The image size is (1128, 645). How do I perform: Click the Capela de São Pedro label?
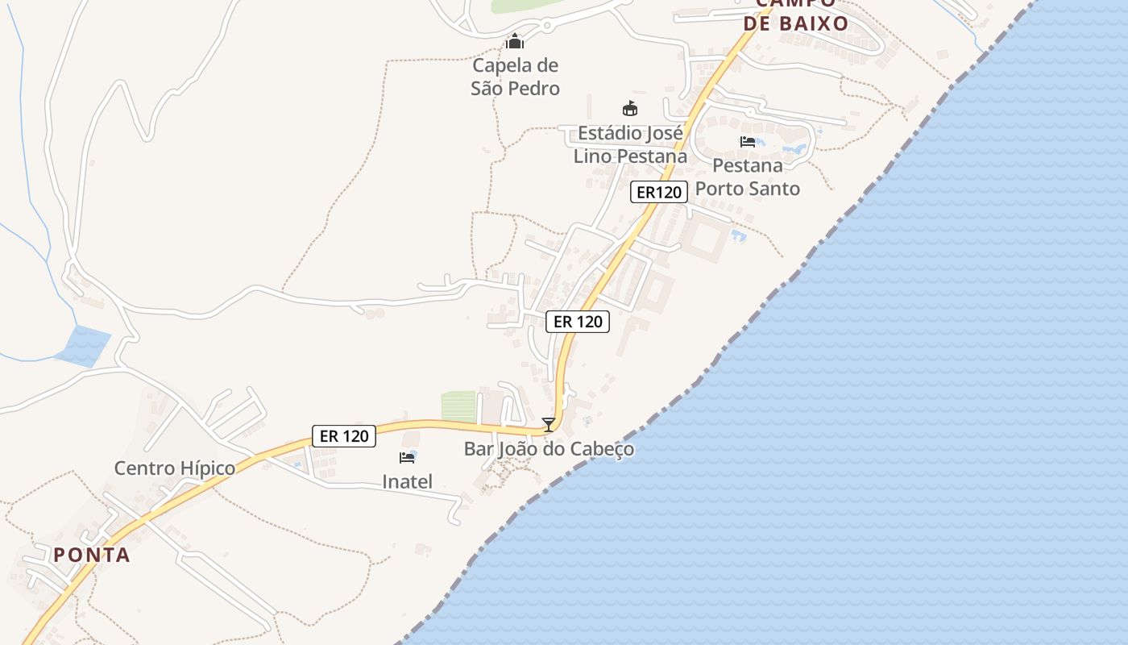click(516, 77)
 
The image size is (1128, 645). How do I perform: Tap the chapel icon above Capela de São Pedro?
click(515, 41)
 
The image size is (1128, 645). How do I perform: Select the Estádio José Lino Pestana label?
click(631, 144)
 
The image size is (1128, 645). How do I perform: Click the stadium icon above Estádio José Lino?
click(630, 108)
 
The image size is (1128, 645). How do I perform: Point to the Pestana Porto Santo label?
click(748, 177)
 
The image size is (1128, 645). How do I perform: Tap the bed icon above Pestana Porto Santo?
click(748, 142)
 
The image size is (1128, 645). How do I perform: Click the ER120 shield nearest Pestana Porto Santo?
click(659, 192)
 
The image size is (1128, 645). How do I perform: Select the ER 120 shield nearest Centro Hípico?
click(344, 436)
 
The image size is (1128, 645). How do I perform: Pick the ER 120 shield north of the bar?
click(578, 321)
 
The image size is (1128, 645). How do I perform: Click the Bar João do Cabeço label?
click(549, 449)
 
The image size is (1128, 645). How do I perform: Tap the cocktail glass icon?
click(549, 424)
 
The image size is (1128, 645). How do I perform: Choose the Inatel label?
click(407, 482)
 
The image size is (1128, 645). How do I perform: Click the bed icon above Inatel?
click(407, 458)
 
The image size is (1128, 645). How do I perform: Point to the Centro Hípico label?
click(175, 468)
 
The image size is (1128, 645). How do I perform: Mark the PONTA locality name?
click(92, 555)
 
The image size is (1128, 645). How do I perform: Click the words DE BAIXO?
click(796, 23)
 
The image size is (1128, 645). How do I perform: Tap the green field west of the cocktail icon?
click(459, 406)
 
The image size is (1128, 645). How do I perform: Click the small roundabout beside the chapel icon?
click(546, 26)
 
